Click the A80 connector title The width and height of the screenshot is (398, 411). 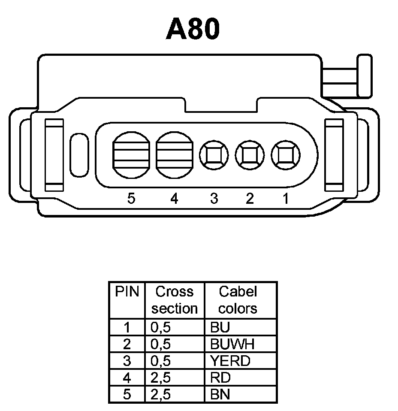pyautogui.click(x=193, y=29)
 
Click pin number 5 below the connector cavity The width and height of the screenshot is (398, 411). pyautogui.click(x=132, y=199)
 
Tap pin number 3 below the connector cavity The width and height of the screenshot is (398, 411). pyautogui.click(x=214, y=199)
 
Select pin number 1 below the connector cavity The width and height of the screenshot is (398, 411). pyautogui.click(x=285, y=199)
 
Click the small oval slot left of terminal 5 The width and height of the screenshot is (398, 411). pyautogui.click(x=79, y=155)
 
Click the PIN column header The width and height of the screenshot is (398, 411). pyautogui.click(x=127, y=292)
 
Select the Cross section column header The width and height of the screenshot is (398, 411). pyautogui.click(x=175, y=300)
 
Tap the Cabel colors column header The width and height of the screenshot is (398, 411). pyautogui.click(x=238, y=300)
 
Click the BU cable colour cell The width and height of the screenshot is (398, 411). pyautogui.click(x=220, y=327)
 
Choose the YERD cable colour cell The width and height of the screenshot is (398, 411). pyautogui.click(x=230, y=361)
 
